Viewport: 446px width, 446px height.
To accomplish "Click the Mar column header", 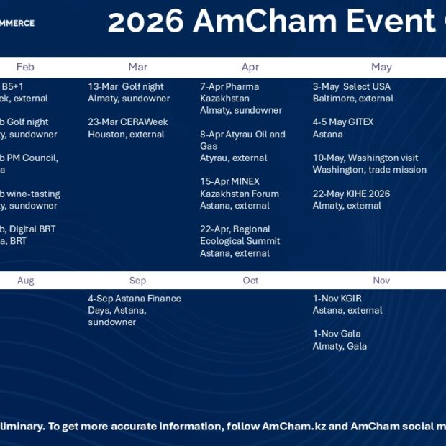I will click(x=137, y=67).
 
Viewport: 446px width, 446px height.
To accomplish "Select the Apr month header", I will click(x=250, y=67).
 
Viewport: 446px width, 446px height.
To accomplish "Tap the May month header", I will click(x=381, y=67).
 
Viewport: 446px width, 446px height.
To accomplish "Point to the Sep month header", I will click(x=137, y=281).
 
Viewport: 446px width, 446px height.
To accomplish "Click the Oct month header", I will click(x=250, y=281).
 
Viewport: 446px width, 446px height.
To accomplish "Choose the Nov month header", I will click(x=381, y=281).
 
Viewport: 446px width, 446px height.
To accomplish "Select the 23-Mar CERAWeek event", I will click(x=126, y=128).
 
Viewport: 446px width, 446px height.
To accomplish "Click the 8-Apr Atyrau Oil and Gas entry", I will click(x=242, y=146).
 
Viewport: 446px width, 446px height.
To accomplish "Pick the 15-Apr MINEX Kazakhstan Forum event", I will click(x=239, y=194).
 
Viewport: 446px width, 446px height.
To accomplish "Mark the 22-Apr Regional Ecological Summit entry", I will click(x=240, y=241).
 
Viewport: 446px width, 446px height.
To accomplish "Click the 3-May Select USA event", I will click(x=352, y=93).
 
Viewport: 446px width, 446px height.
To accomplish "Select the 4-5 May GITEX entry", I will click(x=343, y=128).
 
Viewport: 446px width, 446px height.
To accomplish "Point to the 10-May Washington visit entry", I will click(x=369, y=164).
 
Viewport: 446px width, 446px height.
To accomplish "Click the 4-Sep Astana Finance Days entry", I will click(x=134, y=310).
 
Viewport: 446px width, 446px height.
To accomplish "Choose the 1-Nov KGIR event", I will click(x=347, y=304).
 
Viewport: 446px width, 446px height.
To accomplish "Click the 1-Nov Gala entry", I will click(x=340, y=340).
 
